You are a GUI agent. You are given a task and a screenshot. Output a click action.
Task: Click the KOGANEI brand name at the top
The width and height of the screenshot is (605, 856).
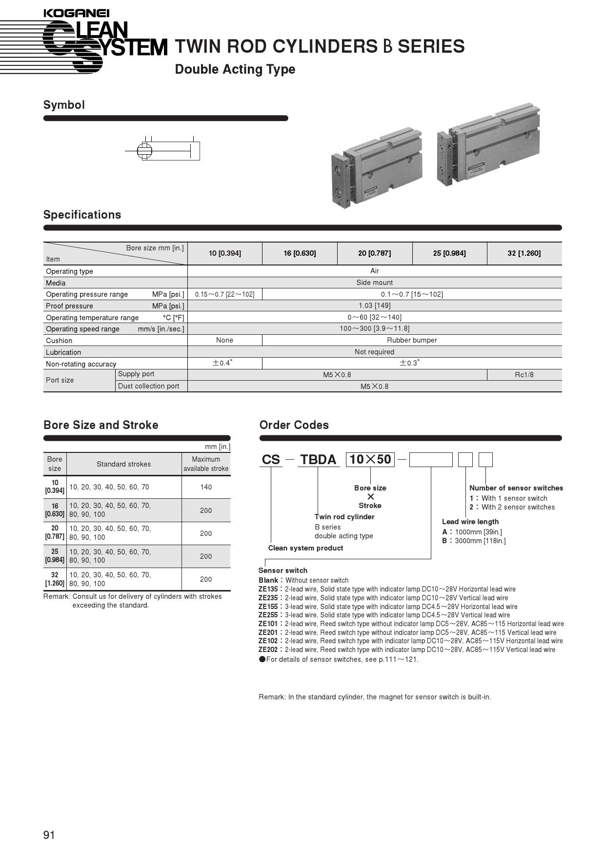tap(77, 14)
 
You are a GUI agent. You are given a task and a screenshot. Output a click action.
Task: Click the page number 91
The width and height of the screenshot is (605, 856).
tap(49, 835)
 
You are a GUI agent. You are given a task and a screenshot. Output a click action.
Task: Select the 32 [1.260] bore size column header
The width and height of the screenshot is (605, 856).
tap(524, 253)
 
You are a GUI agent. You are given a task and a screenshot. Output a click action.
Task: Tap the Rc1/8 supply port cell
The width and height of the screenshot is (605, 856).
tap(524, 375)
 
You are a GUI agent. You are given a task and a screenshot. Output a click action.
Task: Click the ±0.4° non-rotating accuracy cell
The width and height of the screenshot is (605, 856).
tap(224, 363)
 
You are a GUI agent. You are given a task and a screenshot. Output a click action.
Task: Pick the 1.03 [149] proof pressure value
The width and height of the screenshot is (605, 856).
tap(374, 306)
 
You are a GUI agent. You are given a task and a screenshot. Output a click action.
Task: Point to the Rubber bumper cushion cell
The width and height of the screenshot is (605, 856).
tap(412, 340)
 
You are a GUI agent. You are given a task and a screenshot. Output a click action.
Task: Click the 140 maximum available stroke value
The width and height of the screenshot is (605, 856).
tap(206, 487)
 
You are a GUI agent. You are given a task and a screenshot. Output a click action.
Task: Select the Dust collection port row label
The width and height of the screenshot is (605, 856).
tap(148, 386)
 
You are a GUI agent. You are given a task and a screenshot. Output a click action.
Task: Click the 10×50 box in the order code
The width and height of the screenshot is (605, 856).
tap(370, 460)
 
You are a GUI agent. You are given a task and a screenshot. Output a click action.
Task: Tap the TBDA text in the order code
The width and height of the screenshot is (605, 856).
tap(318, 460)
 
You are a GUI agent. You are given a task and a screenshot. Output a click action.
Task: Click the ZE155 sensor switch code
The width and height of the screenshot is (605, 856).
tap(268, 607)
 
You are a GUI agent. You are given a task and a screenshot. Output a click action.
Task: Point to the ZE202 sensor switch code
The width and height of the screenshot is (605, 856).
tap(268, 650)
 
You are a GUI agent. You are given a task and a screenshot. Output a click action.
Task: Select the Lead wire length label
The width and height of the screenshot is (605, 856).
tap(470, 522)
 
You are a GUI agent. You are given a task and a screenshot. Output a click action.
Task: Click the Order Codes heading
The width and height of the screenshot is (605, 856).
tap(294, 425)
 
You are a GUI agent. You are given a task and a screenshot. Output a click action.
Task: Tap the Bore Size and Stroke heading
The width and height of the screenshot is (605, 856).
tap(101, 425)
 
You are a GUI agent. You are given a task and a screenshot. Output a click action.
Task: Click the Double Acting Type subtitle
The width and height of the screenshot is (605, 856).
tap(235, 69)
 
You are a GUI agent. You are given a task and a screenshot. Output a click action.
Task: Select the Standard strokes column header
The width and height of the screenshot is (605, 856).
tap(123, 464)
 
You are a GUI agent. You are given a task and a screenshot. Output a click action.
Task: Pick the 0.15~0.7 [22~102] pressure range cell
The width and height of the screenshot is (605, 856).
tap(224, 294)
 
